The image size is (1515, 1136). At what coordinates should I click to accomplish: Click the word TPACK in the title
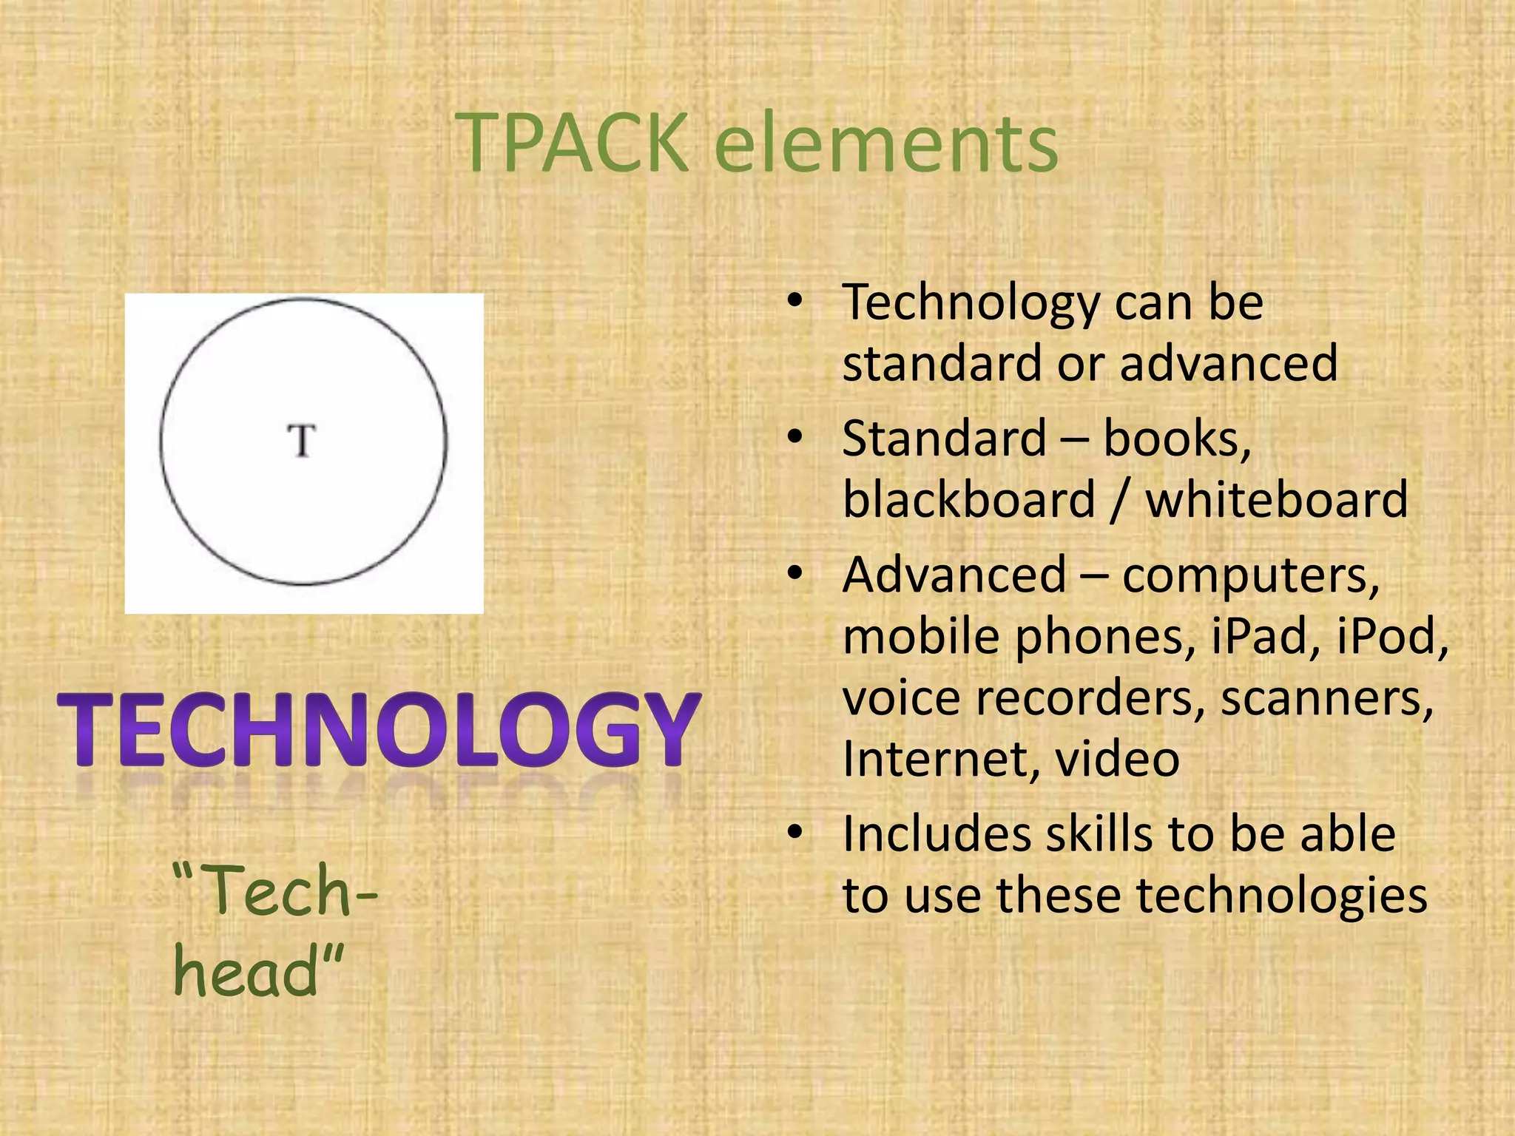click(573, 142)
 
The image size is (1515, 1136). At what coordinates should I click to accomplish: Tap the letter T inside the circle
click(302, 441)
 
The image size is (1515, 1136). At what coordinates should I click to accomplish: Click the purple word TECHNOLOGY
click(379, 731)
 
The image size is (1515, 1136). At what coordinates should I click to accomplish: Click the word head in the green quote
click(248, 972)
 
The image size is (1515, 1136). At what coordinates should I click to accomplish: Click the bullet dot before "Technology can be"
click(795, 301)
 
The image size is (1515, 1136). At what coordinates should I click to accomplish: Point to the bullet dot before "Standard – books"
click(795, 437)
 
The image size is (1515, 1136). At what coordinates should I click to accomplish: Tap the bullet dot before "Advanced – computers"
click(795, 573)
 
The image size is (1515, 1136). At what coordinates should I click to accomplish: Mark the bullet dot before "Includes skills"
click(795, 833)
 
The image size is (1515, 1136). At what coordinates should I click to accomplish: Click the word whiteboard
click(1277, 500)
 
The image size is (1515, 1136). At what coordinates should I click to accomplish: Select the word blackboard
click(968, 500)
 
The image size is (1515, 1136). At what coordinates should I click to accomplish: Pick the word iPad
click(1265, 636)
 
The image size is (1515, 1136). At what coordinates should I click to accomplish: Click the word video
click(1117, 760)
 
